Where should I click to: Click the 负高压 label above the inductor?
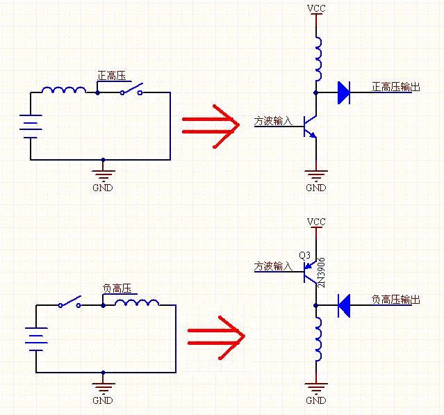[x=117, y=288]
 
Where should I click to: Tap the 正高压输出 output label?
[x=396, y=87]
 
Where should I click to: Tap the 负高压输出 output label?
[x=396, y=300]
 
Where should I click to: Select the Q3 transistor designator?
[x=304, y=256]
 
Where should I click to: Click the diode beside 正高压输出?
[x=343, y=92]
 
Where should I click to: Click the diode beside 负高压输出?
[x=343, y=304]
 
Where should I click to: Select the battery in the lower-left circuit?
[x=36, y=339]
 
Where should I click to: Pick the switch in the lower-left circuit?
[x=69, y=303]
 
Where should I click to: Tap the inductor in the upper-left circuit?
[x=64, y=90]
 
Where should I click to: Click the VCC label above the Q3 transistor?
[x=316, y=222]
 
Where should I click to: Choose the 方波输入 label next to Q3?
[x=273, y=266]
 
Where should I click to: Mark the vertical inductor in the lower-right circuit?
[x=318, y=340]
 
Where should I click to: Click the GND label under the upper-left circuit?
[x=102, y=188]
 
